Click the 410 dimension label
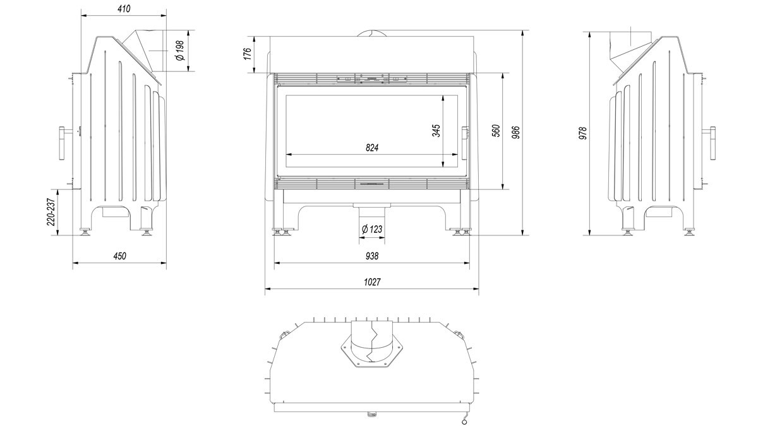tap(124, 9)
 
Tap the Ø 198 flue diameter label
tap(181, 50)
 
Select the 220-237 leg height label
tap(51, 212)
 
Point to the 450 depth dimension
tap(119, 256)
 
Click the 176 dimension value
tap(248, 54)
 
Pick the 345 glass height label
tap(436, 131)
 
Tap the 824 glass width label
tap(372, 148)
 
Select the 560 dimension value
tap(495, 131)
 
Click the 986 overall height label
tap(515, 132)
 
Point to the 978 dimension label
tap(582, 133)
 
